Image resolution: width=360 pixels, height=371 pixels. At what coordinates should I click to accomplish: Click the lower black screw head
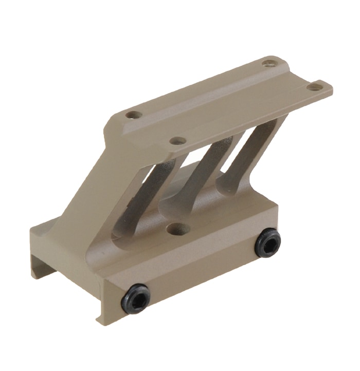(x=136, y=299)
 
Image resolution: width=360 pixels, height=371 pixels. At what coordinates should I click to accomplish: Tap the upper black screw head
(x=268, y=243)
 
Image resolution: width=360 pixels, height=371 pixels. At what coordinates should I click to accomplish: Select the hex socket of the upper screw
(x=268, y=243)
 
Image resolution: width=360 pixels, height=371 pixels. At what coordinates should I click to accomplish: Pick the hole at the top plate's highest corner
(x=268, y=63)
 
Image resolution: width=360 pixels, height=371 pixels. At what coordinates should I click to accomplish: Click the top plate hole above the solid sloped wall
(x=133, y=115)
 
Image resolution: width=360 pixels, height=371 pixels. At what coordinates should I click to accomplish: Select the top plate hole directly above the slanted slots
(x=177, y=140)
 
